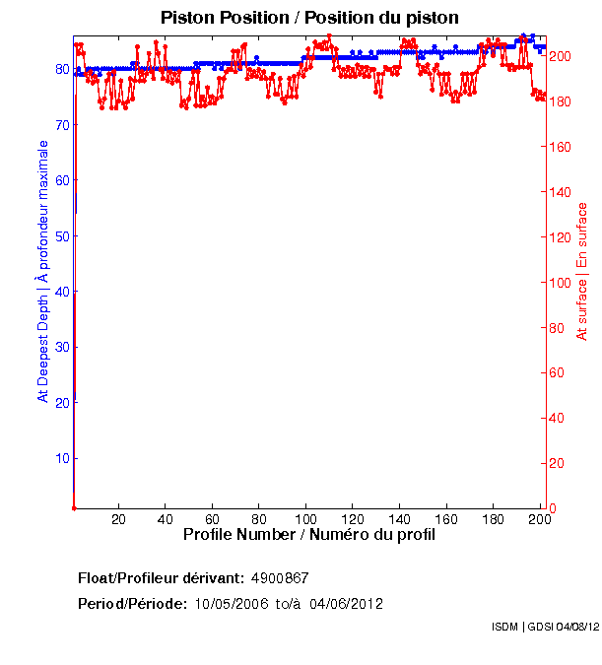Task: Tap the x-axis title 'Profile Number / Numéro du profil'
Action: [309, 535]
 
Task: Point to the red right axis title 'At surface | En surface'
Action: [582, 272]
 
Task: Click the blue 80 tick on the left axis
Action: [62, 70]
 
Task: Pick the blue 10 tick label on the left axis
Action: [62, 458]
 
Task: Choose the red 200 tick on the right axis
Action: [560, 56]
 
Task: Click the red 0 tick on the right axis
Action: [553, 508]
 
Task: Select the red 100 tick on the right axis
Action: [560, 283]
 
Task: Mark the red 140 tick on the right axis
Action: [560, 192]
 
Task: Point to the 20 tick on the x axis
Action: [118, 519]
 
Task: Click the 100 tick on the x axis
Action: [305, 519]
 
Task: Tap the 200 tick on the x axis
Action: [538, 519]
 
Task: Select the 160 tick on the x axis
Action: [446, 519]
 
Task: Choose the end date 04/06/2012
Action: [346, 604]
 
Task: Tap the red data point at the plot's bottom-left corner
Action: [74, 507]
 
